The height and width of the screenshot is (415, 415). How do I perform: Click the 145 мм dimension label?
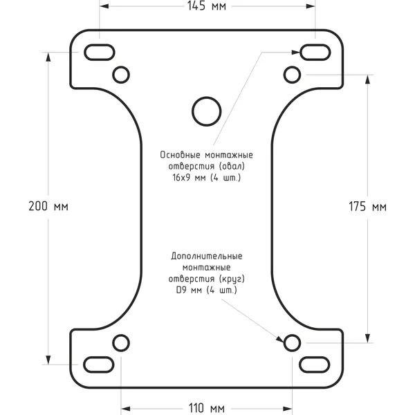[207, 6]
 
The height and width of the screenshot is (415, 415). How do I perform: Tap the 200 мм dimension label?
[48, 206]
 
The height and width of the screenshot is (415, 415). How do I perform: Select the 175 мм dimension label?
[367, 207]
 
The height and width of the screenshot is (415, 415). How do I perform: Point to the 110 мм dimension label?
[207, 408]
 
